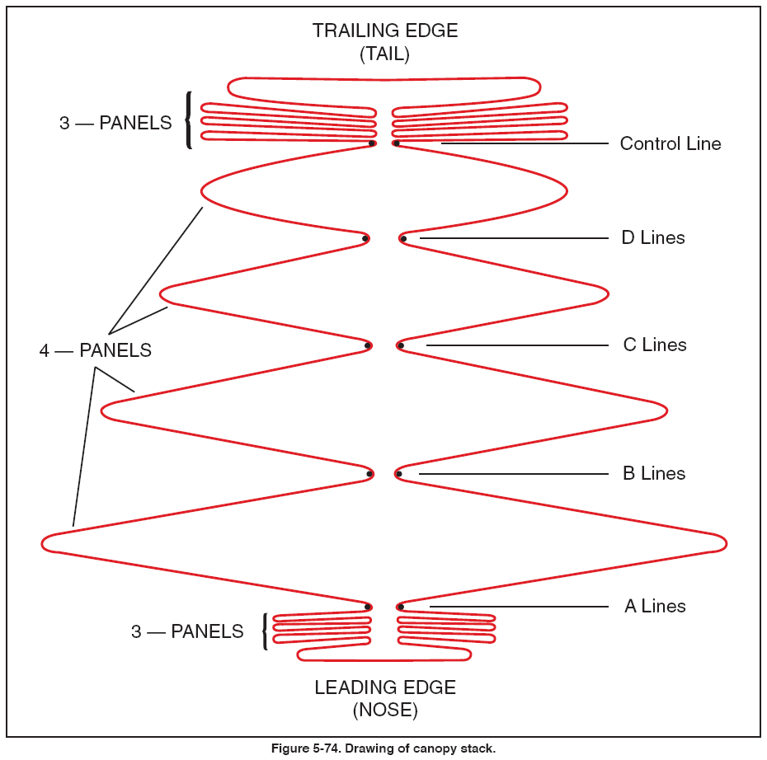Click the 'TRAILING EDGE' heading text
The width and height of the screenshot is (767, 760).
pos(384,31)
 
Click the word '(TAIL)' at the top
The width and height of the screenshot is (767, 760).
pos(384,55)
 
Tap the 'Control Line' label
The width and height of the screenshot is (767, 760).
pos(670,143)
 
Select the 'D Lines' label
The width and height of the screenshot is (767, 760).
pos(652,238)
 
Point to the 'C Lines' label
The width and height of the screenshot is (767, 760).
pos(654,345)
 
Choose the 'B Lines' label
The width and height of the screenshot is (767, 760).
pos(653,473)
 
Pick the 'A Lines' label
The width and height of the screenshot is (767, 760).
pos(654,606)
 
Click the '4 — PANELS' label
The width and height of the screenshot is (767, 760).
pos(96,350)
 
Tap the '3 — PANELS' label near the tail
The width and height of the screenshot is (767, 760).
pos(115,124)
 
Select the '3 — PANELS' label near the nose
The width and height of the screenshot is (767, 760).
pos(187,632)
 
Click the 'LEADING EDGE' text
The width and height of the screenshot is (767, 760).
pos(384,687)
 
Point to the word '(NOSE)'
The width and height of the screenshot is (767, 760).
pos(384,710)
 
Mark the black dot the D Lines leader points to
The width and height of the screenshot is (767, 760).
pos(403,239)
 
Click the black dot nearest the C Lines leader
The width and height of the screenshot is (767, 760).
pos(400,345)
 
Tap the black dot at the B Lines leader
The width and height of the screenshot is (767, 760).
pos(398,474)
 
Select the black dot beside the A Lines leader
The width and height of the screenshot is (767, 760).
pos(400,607)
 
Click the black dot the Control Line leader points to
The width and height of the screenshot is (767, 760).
pos(397,143)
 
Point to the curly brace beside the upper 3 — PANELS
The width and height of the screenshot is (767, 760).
pos(189,120)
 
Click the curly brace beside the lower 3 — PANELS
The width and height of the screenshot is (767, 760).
pos(265,631)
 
